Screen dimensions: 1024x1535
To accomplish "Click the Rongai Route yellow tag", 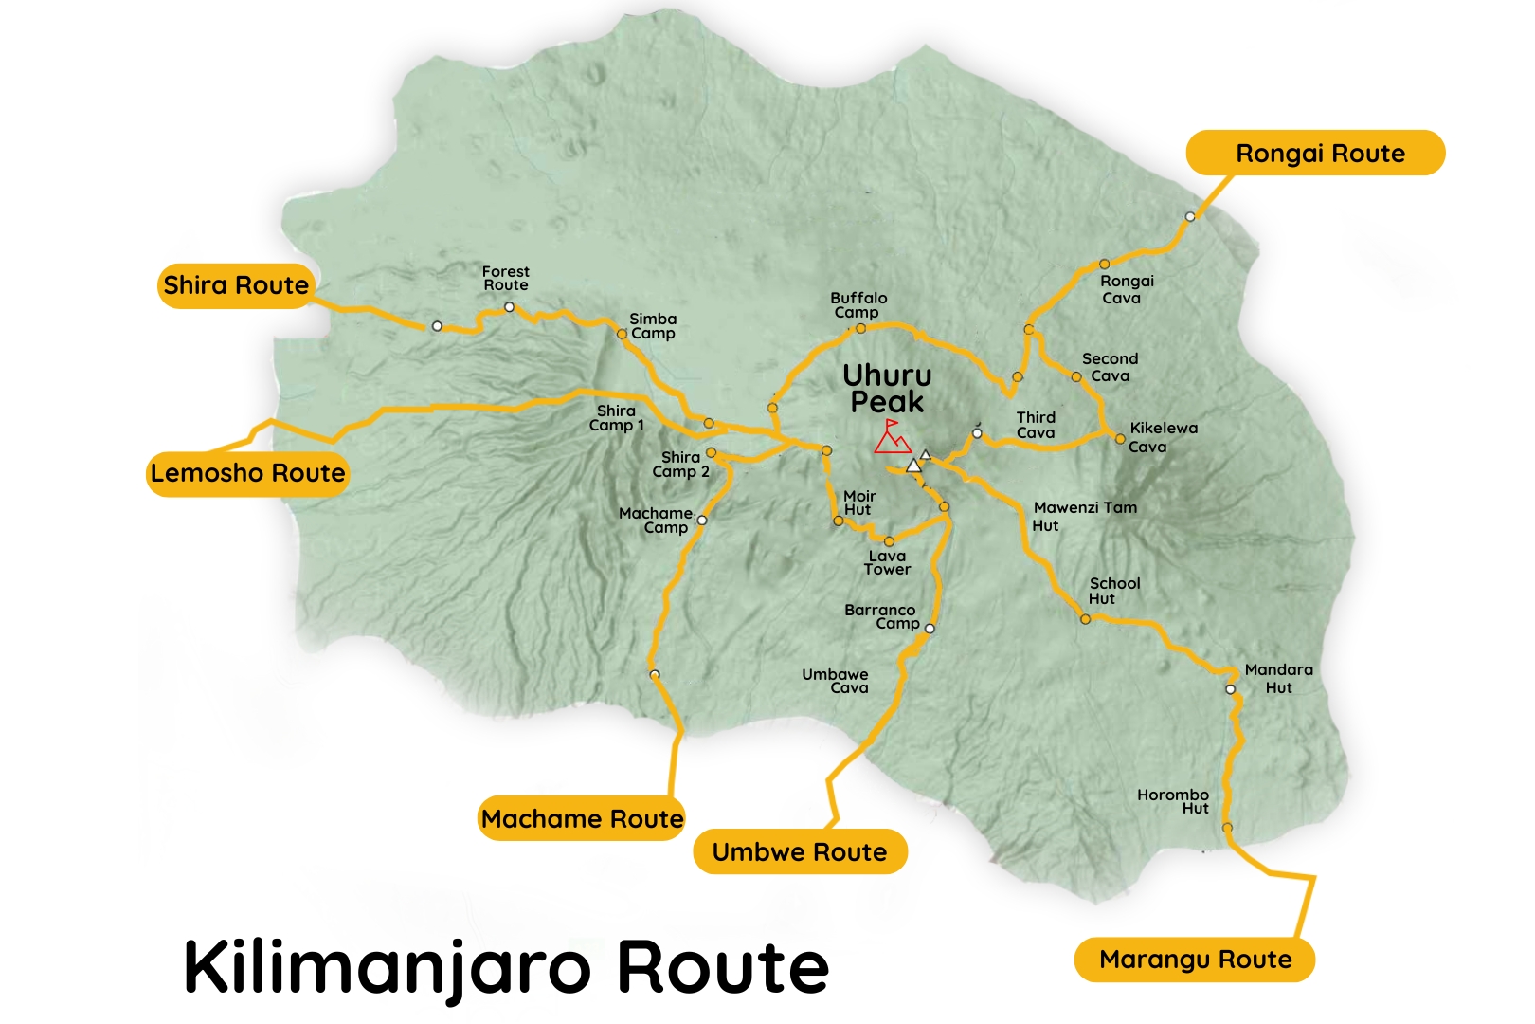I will click(x=1317, y=154).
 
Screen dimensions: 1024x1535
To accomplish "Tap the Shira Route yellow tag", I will click(x=235, y=285).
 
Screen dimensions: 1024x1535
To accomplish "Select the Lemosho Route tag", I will click(x=247, y=473).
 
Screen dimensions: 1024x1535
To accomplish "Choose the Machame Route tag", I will click(x=581, y=819).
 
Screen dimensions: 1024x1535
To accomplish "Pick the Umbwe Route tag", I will click(x=799, y=852).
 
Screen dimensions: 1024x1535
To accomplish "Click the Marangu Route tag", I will click(x=1194, y=960).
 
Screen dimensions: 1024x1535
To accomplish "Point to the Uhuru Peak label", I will click(x=887, y=389).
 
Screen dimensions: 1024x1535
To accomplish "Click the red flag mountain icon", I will click(x=891, y=437).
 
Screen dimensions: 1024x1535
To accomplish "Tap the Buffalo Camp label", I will click(x=858, y=305).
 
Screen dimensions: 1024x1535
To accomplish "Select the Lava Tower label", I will click(x=887, y=563).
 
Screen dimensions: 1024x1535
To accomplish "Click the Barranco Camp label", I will click(x=881, y=617).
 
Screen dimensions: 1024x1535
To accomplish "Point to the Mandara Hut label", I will click(x=1278, y=679).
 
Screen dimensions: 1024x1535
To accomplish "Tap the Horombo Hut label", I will click(x=1174, y=802).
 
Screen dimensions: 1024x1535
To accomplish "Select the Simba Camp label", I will click(x=653, y=326).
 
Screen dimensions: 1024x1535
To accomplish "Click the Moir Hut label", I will click(x=858, y=503).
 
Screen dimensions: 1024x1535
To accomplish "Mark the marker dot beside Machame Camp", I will click(x=702, y=521).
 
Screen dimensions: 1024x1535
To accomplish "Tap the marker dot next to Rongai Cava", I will click(x=1104, y=265).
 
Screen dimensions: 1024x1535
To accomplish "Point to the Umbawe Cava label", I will click(x=835, y=682).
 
